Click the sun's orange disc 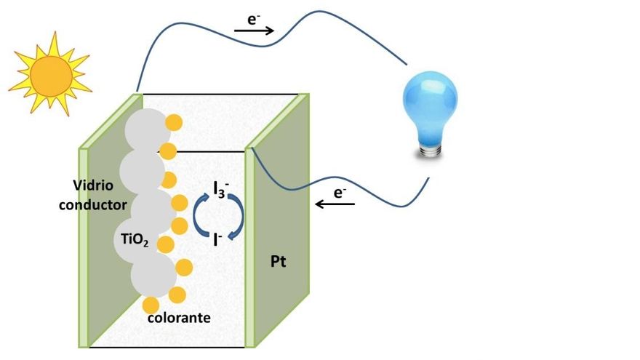pyautogui.click(x=52, y=77)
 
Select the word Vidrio pyautogui.click(x=93, y=185)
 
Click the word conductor pyautogui.click(x=92, y=204)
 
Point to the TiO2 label pyautogui.click(x=135, y=240)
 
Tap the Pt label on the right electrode pyautogui.click(x=279, y=261)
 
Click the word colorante pyautogui.click(x=179, y=318)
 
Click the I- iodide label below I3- pyautogui.click(x=217, y=239)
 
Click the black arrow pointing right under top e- pyautogui.click(x=254, y=31)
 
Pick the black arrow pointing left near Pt pyautogui.click(x=335, y=203)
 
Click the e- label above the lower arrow pyautogui.click(x=340, y=192)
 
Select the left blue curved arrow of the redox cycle pyautogui.click(x=197, y=215)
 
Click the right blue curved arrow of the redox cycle pyautogui.click(x=238, y=216)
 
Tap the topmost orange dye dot pyautogui.click(x=174, y=122)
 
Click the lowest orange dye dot pyautogui.click(x=151, y=305)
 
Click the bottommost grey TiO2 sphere pyautogui.click(x=153, y=275)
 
